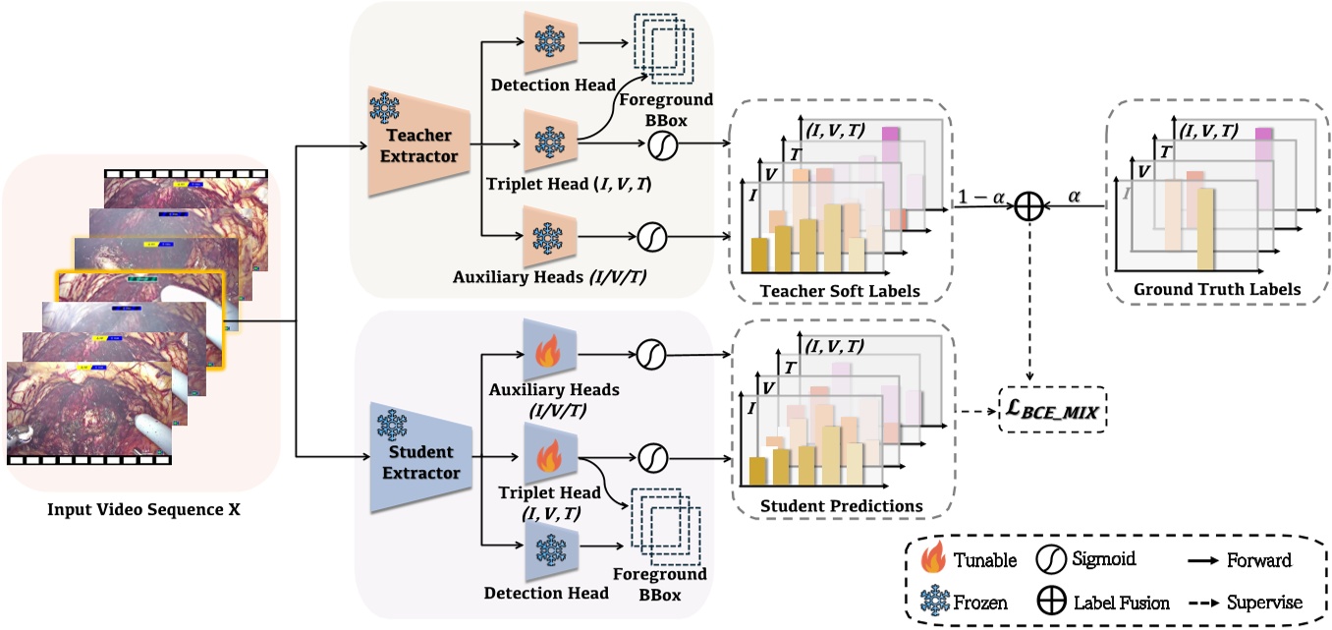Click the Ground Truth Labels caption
click(1217, 290)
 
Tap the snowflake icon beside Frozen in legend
click(930, 601)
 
